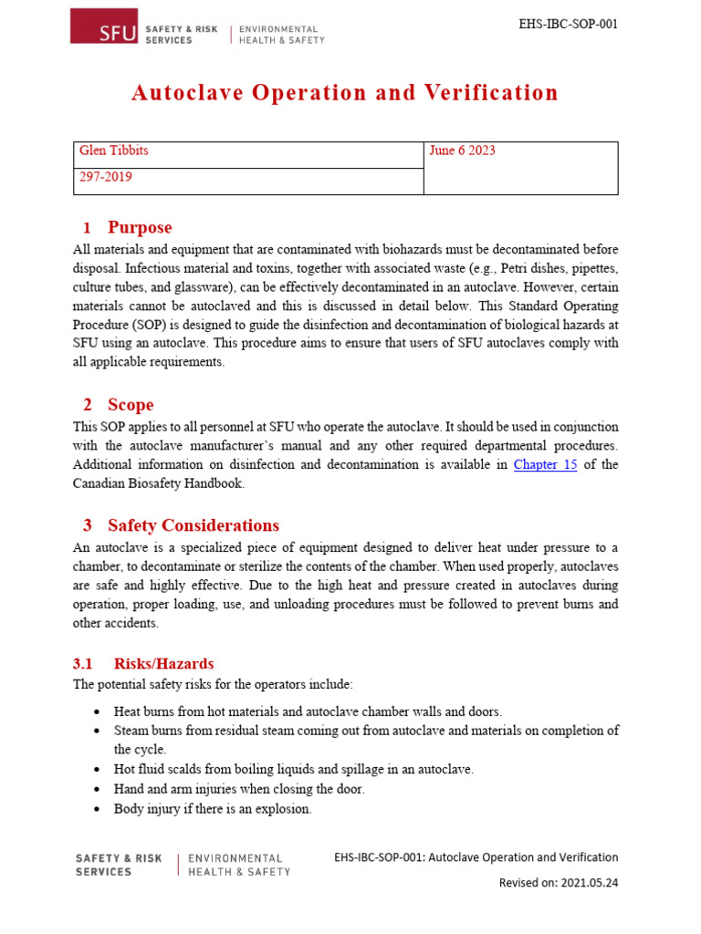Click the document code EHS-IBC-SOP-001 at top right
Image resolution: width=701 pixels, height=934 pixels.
[x=568, y=24]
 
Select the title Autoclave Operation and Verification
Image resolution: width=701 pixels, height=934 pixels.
[x=345, y=93]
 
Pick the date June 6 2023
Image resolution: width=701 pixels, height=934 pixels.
[x=462, y=150]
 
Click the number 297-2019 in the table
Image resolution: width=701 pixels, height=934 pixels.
[x=106, y=177]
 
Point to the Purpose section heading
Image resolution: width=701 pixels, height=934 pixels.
[x=139, y=227]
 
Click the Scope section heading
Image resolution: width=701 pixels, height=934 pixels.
[x=130, y=405]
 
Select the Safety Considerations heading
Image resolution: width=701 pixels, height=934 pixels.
[x=193, y=525]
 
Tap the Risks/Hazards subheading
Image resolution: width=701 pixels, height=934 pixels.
[x=163, y=663]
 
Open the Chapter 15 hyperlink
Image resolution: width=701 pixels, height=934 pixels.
[x=545, y=464]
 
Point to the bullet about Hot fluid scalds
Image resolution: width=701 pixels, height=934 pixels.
[x=293, y=769]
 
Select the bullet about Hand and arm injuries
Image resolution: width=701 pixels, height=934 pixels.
[x=238, y=789]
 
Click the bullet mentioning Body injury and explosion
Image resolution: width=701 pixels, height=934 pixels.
[x=212, y=808]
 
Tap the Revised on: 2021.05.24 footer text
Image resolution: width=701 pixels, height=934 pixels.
[x=558, y=883]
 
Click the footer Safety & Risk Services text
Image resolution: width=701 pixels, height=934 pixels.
[x=118, y=865]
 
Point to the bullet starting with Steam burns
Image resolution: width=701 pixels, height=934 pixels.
[x=365, y=730]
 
